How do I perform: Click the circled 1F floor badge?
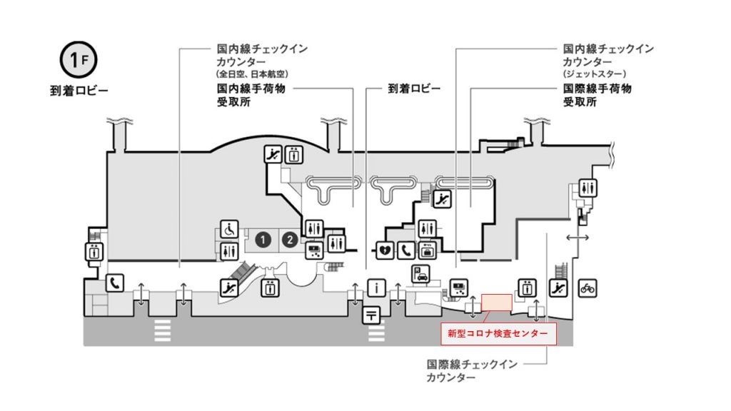[79, 60]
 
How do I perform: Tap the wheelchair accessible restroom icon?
[229, 229]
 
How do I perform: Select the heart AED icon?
[385, 250]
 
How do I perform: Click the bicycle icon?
[588, 288]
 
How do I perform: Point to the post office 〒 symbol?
[371, 315]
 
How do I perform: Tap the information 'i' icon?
[376, 288]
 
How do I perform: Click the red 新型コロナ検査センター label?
[498, 334]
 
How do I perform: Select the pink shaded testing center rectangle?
[497, 303]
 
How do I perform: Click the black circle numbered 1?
[263, 240]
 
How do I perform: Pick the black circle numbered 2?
[290, 240]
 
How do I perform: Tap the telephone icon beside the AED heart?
[406, 250]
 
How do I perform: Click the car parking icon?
[420, 273]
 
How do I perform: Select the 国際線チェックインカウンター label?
[472, 371]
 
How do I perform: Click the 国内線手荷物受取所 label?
[251, 95]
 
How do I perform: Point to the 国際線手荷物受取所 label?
[598, 95]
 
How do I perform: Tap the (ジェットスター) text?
[595, 74]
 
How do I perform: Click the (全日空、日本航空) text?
[252, 74]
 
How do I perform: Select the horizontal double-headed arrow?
[577, 238]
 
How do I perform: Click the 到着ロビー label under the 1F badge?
[79, 91]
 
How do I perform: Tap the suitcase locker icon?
[428, 250]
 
